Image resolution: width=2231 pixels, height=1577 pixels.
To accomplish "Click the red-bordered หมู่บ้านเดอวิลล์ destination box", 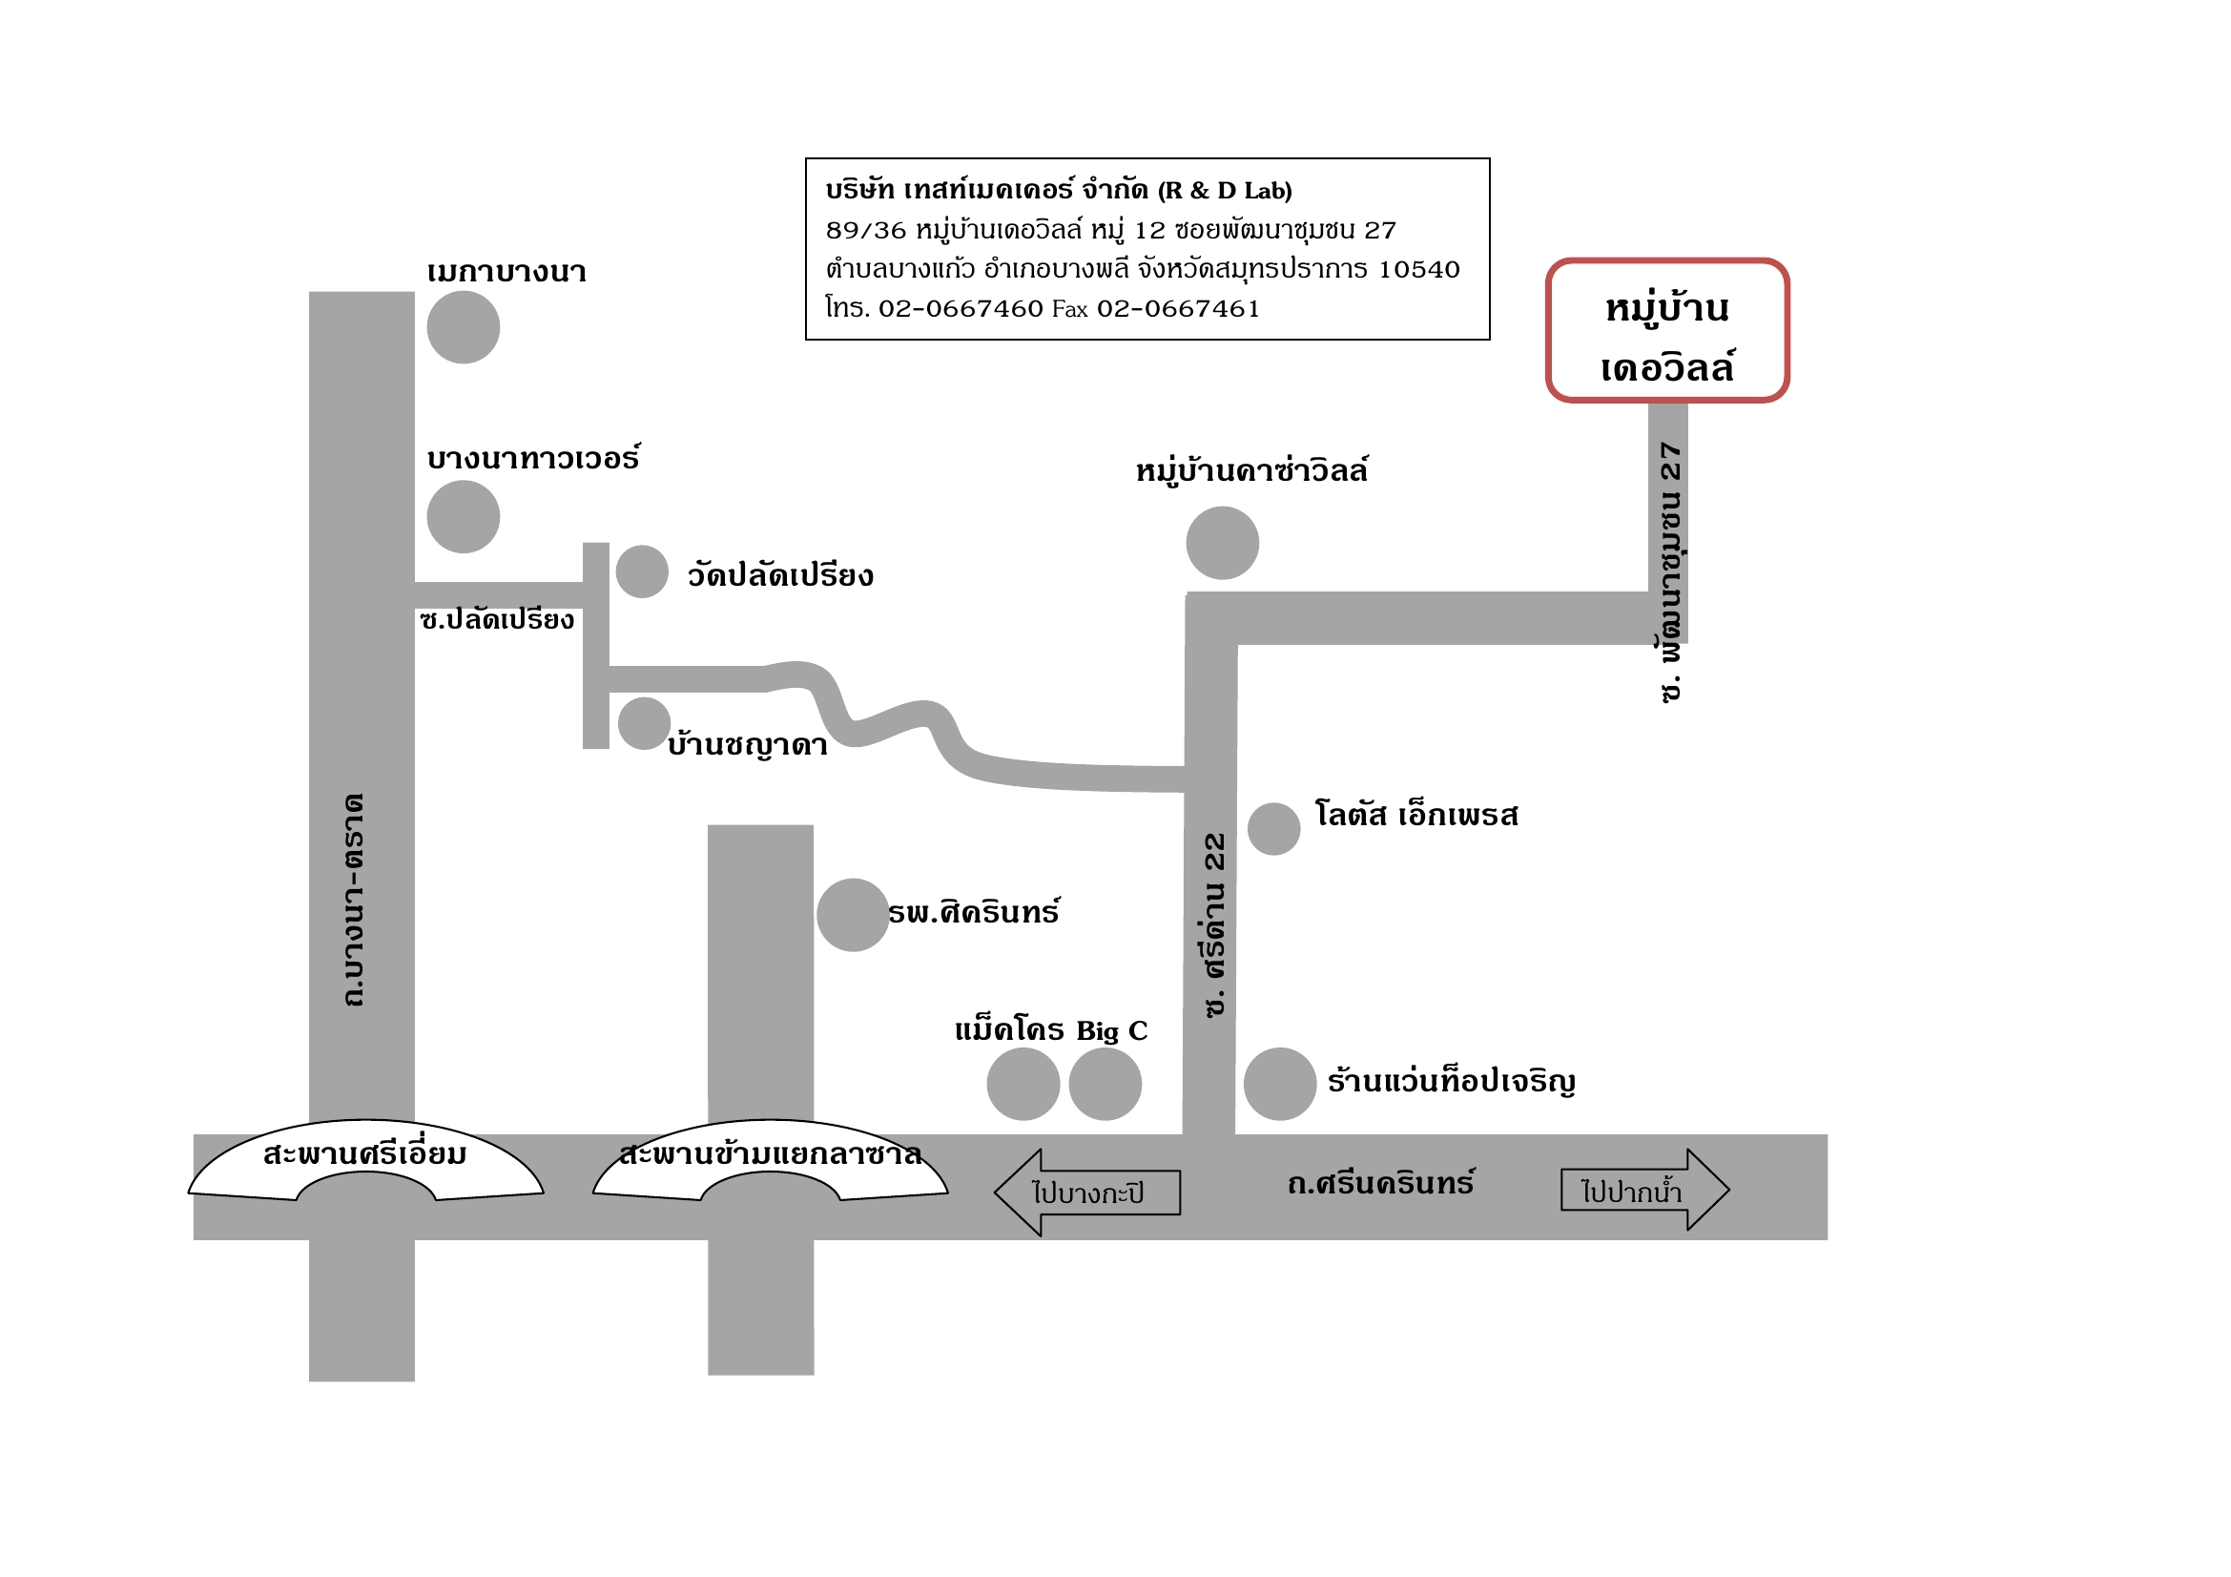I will pyautogui.click(x=1666, y=330).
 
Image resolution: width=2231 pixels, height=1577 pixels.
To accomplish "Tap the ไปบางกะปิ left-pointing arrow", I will pyautogui.click(x=1087, y=1193).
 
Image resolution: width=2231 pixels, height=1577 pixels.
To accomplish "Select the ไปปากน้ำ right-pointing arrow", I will pyautogui.click(x=1644, y=1191).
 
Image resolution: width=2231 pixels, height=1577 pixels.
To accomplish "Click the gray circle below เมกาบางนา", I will pyautogui.click(x=464, y=327).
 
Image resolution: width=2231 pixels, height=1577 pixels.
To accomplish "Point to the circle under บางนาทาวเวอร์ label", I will pyautogui.click(x=464, y=517).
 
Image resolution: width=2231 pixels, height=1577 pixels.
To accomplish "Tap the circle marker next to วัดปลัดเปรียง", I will pyautogui.click(x=642, y=571).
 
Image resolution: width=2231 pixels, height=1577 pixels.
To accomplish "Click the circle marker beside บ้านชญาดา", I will pyautogui.click(x=644, y=724).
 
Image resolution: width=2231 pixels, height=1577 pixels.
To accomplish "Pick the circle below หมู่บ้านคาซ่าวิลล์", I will pyautogui.click(x=1223, y=543).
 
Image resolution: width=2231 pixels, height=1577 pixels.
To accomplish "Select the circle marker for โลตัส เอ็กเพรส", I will pyautogui.click(x=1274, y=829).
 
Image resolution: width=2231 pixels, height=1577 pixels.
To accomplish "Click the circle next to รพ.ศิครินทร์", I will pyautogui.click(x=852, y=915).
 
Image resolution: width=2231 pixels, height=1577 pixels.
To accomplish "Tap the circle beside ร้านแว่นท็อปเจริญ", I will pyautogui.click(x=1280, y=1085).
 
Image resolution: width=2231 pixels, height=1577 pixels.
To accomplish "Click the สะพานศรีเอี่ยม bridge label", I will pyautogui.click(x=365, y=1155).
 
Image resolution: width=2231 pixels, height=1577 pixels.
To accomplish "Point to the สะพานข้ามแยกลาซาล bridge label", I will pyautogui.click(x=770, y=1155).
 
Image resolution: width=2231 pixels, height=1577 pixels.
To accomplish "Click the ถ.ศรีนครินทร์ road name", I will pyautogui.click(x=1381, y=1184).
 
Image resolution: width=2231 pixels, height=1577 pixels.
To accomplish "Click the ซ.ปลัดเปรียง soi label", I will pyautogui.click(x=498, y=620).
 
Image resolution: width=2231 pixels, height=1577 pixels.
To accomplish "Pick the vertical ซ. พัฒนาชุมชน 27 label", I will pyautogui.click(x=1670, y=573).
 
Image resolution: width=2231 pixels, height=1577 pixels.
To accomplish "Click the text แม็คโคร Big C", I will pyautogui.click(x=1050, y=1031).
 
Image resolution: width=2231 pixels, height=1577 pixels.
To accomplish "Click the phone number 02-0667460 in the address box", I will pyautogui.click(x=961, y=309).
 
